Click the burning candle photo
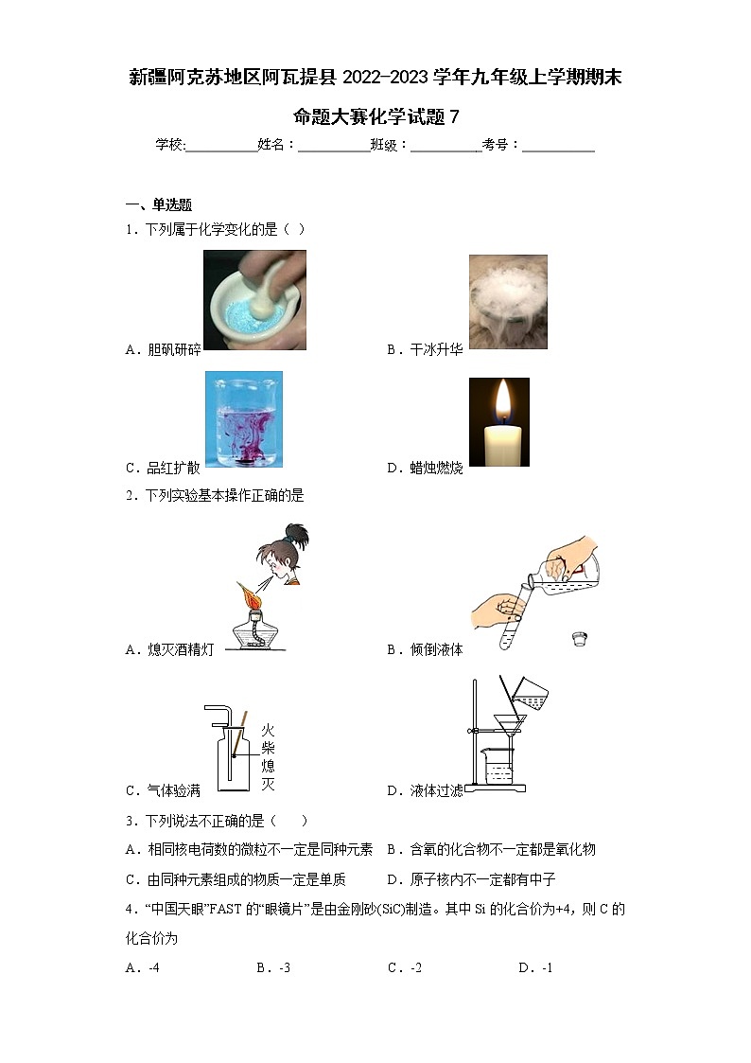pos(499,422)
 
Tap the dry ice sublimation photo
pos(508,302)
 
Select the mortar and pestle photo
pos(254,300)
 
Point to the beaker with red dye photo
pos(244,419)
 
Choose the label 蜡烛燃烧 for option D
pos(437,468)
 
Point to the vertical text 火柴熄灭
pos(268,757)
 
